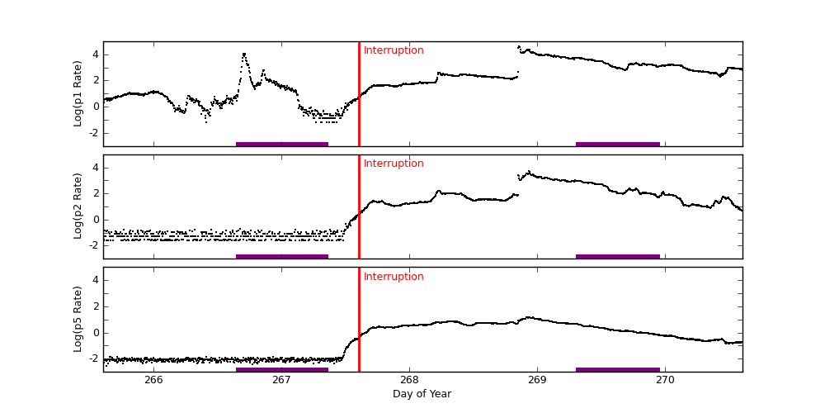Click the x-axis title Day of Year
[x=422, y=394]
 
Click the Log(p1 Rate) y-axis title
[x=78, y=93]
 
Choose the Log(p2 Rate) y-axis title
[x=78, y=206]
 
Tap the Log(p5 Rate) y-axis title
[x=78, y=319]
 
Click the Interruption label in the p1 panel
[x=394, y=50]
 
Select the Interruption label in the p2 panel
[x=394, y=164]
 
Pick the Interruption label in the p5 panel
[x=394, y=277]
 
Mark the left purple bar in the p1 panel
[x=282, y=144]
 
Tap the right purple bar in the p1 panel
[x=618, y=144]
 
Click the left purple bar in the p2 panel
[x=282, y=256]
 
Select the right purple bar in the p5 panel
[x=618, y=369]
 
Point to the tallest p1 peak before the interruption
[x=243, y=55]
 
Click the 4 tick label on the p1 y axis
[x=96, y=55]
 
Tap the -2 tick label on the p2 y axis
[x=93, y=245]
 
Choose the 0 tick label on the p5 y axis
[x=96, y=333]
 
